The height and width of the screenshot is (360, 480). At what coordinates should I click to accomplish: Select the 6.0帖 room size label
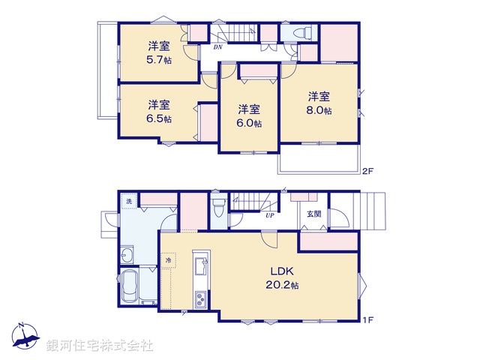250,123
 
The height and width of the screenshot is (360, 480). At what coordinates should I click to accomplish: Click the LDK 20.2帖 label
284,285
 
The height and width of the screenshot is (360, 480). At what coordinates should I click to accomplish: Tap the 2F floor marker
367,171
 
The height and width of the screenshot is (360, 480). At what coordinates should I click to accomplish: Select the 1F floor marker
367,321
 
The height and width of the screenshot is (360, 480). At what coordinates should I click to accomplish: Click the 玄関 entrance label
313,214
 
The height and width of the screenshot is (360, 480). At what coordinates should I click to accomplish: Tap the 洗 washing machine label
128,201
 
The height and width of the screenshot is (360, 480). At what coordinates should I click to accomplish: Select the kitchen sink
201,267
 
